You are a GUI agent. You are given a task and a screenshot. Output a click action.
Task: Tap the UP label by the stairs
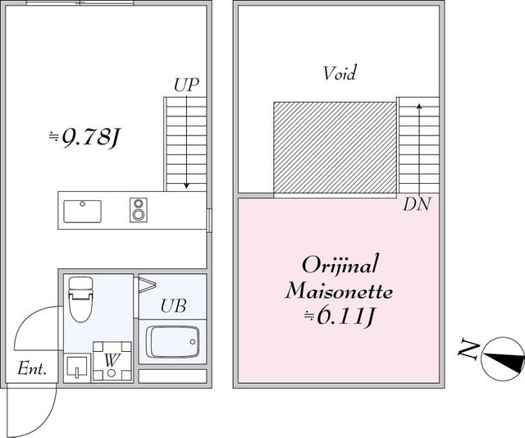click(186, 84)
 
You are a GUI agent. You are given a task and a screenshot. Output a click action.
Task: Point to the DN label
click(417, 205)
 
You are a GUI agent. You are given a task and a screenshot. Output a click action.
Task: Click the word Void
click(339, 74)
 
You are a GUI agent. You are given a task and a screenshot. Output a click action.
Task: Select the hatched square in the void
click(335, 148)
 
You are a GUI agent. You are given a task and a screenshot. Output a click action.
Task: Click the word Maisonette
click(339, 291)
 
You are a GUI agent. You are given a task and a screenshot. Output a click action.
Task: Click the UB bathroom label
click(172, 307)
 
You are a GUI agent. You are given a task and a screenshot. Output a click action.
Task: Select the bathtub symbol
click(172, 341)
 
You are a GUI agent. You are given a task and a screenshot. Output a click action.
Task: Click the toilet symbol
click(81, 299)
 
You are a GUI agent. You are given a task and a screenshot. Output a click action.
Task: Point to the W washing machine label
click(111, 360)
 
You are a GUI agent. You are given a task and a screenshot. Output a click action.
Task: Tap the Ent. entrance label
click(32, 370)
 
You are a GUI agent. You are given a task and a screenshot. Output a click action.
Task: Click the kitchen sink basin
click(82, 211)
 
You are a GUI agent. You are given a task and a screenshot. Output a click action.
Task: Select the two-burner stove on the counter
click(138, 210)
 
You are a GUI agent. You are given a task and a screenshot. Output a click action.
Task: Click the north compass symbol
click(504, 358)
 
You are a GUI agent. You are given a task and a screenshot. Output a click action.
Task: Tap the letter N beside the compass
click(468, 351)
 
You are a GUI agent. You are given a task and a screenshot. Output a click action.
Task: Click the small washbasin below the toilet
click(76, 367)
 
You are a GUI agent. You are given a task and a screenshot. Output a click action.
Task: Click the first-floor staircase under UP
click(186, 144)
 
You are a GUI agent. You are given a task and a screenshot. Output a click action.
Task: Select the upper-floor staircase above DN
click(418, 144)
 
